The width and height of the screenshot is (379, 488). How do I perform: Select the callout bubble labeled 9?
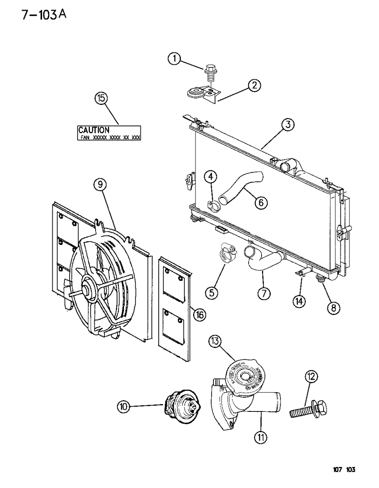pyautogui.click(x=100, y=185)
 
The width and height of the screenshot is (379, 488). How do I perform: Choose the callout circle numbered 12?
pyautogui.click(x=311, y=377)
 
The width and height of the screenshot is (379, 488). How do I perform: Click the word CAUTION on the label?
pyautogui.click(x=94, y=130)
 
